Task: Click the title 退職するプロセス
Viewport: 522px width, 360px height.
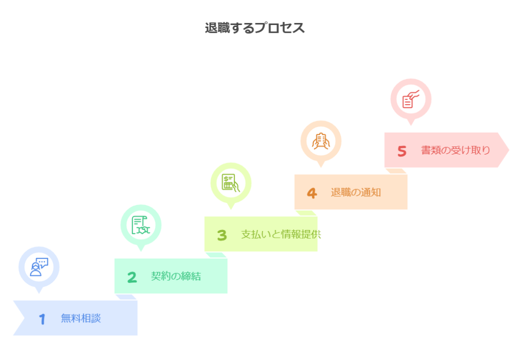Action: coord(255,28)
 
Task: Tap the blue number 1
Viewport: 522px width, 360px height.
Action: coord(42,319)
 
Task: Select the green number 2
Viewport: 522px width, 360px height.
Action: coord(132,277)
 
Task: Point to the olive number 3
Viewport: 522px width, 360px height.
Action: coord(222,235)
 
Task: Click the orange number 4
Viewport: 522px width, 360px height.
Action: coord(312,193)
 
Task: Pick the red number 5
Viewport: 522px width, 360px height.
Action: coord(402,151)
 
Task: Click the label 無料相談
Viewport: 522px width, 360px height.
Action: coord(81,318)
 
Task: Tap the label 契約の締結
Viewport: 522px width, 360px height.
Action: coord(176,276)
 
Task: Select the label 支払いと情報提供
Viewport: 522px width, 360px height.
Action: coord(281,234)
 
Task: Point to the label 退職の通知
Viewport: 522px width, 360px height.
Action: coord(356,192)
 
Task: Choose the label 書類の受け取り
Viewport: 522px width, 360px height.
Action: coord(456,150)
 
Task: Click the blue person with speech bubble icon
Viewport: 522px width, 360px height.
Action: coord(39,267)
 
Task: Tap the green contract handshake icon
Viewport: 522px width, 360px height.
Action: coord(141,225)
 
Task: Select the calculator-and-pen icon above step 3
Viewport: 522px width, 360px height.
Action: coord(231,183)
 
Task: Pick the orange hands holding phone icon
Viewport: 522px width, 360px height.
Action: coord(321,141)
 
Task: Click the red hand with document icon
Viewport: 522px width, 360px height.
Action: coord(411,99)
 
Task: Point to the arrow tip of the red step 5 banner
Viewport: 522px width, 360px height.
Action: coord(509,150)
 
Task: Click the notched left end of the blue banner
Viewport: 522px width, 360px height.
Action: coord(24,318)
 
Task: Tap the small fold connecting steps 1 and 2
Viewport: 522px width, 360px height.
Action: coord(126,297)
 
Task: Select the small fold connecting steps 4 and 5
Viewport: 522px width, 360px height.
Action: coord(396,171)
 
